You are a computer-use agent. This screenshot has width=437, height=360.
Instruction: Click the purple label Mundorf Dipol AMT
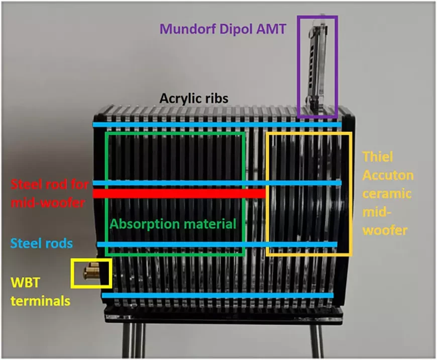pos(223,29)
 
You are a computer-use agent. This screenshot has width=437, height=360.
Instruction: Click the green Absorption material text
pos(173,224)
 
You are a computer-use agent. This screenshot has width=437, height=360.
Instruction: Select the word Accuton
pos(388,175)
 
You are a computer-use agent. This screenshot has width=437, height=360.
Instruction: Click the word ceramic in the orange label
pos(387,194)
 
